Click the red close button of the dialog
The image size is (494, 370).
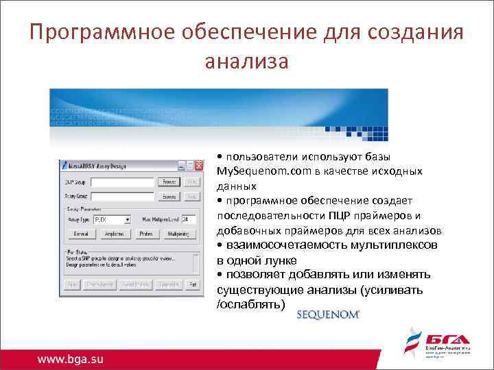coord(199,166)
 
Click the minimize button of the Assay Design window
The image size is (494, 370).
coord(181,166)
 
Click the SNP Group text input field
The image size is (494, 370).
coord(121,182)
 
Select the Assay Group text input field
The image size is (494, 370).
coord(121,196)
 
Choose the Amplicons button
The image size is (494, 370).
coord(113,234)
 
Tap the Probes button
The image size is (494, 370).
coord(146,234)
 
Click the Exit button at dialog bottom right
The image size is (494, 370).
coord(193,284)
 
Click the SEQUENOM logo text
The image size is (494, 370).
coord(328,315)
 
